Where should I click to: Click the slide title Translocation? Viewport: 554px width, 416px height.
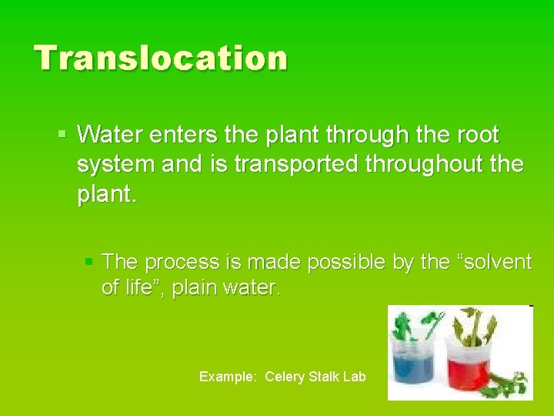(x=161, y=58)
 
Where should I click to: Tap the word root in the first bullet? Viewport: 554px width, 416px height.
(x=477, y=136)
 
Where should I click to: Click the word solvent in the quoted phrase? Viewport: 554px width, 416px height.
(x=499, y=263)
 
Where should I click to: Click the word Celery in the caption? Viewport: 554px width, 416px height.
(x=285, y=377)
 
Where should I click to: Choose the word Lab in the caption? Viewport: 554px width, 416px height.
(x=355, y=377)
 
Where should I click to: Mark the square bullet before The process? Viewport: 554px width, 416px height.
(x=88, y=263)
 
